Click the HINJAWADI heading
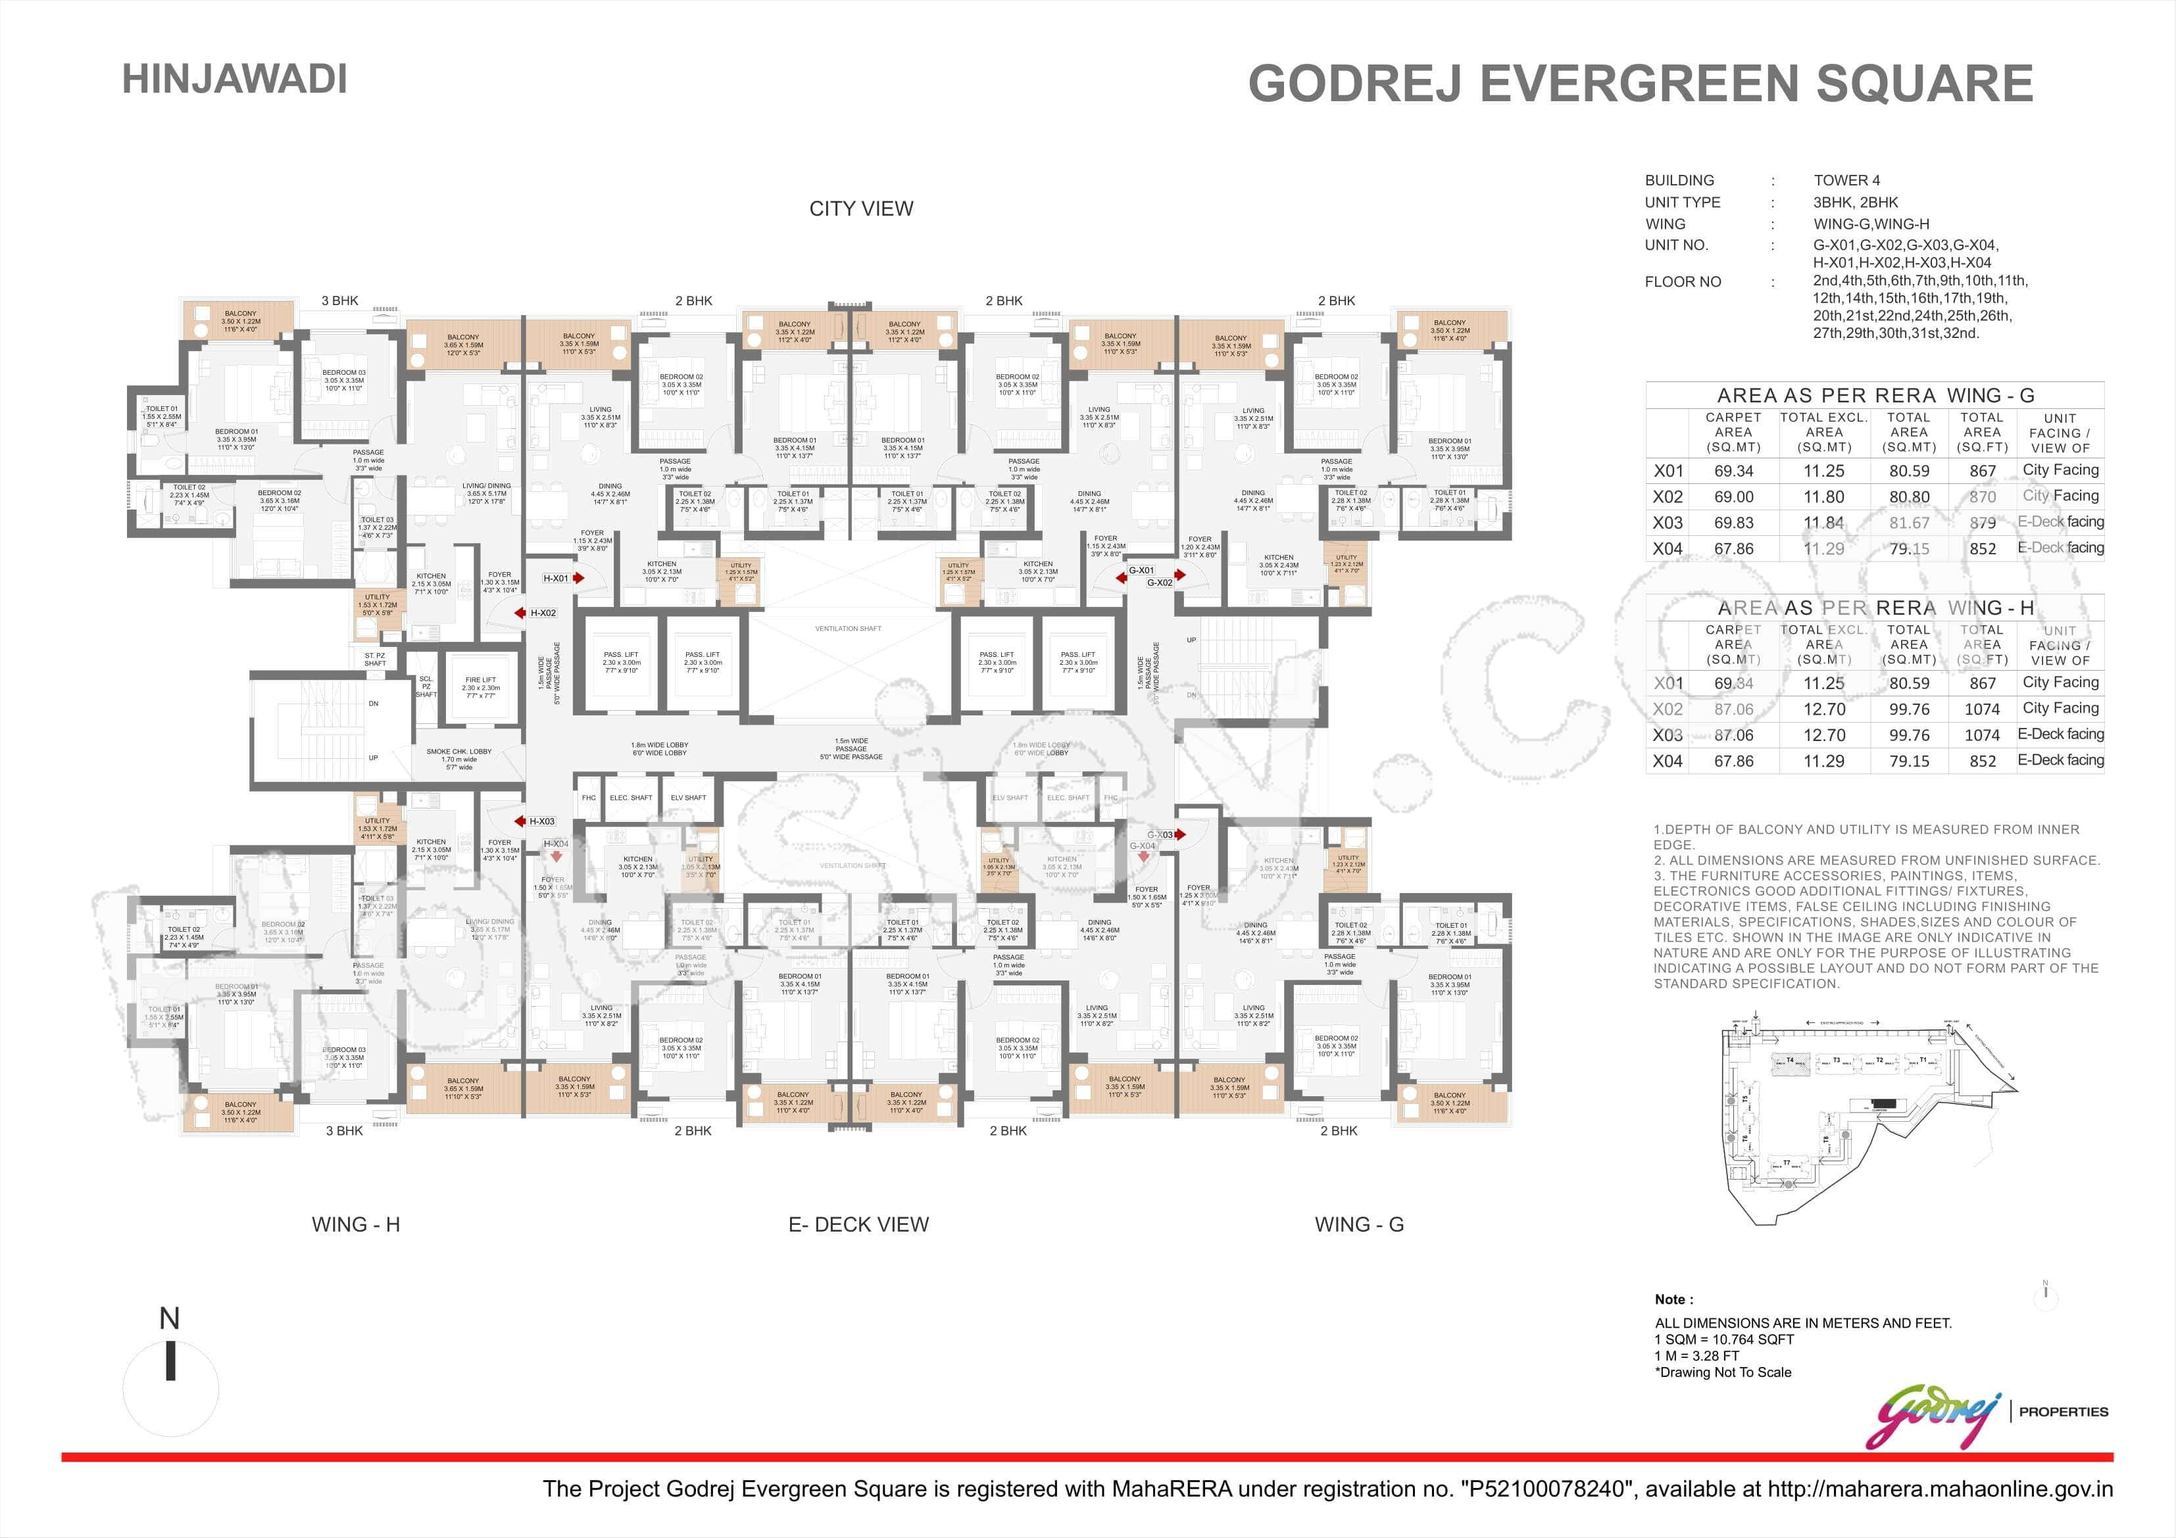(234, 79)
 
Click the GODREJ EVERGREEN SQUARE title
(1640, 84)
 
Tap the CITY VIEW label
(860, 208)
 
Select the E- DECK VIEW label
(858, 1224)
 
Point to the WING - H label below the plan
(355, 1224)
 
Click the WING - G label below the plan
(1358, 1224)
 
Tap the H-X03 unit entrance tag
(542, 821)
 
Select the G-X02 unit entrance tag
(1160, 583)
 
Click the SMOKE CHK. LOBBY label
(458, 752)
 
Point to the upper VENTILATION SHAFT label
(848, 628)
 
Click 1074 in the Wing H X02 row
(1982, 709)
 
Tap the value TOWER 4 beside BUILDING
(1846, 180)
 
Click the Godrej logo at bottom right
(1938, 1418)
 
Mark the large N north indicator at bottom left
(170, 1319)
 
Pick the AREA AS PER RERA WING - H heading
(1875, 608)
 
